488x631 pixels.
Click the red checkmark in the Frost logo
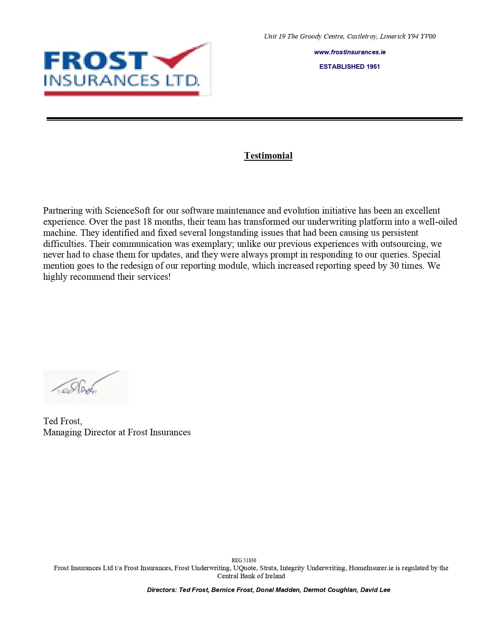pyautogui.click(x=180, y=57)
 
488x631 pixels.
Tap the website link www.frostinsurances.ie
pyautogui.click(x=350, y=52)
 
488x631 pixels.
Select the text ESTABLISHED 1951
pyautogui.click(x=350, y=67)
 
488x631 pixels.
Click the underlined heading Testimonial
pyautogui.click(x=268, y=156)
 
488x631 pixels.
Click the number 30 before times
pyautogui.click(x=394, y=266)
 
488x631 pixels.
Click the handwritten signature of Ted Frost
pyautogui.click(x=82, y=386)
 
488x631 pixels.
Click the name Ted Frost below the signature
pyautogui.click(x=62, y=421)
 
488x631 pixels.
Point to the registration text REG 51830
pyautogui.click(x=244, y=560)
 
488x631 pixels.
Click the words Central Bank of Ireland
pyautogui.click(x=251, y=576)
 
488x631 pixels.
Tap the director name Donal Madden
pyautogui.click(x=278, y=590)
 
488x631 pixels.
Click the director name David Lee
pyautogui.click(x=375, y=590)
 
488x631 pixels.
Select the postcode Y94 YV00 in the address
pyautogui.click(x=421, y=36)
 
